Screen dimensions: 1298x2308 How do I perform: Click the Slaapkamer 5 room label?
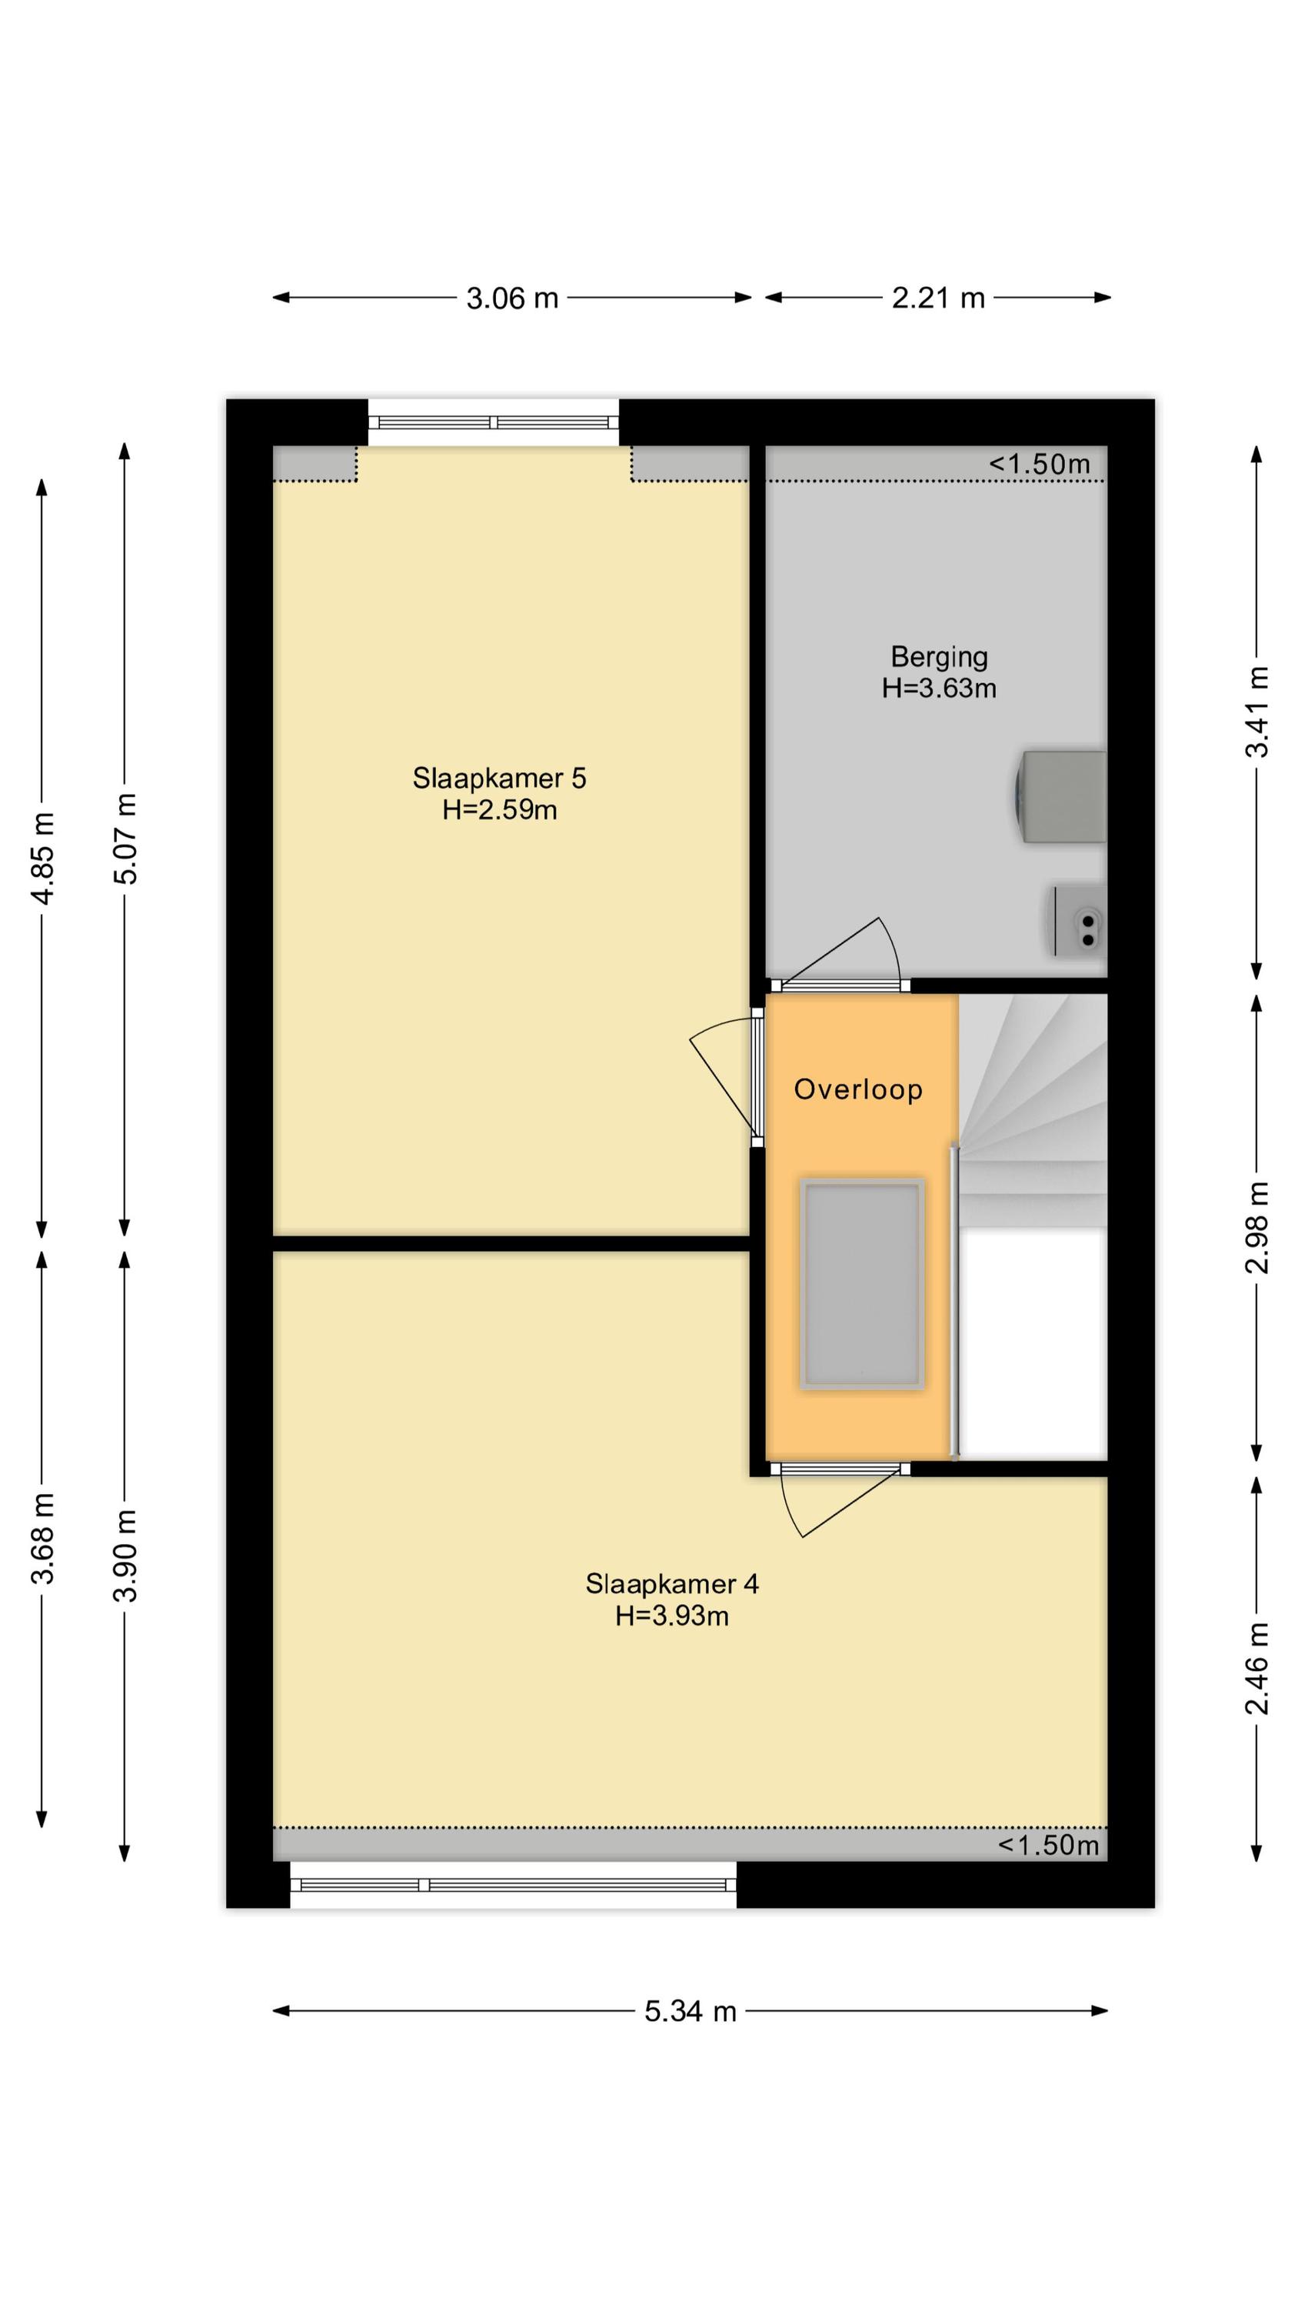[499, 778]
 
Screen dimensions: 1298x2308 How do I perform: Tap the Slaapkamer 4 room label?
[672, 1584]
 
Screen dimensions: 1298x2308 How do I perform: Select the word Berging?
[939, 658]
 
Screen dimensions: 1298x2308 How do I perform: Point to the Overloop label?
[858, 1089]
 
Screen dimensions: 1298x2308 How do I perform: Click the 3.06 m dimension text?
[512, 299]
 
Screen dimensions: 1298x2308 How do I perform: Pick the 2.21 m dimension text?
[938, 299]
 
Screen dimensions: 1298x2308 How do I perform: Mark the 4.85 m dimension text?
[44, 859]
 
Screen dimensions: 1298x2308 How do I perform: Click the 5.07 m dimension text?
[126, 839]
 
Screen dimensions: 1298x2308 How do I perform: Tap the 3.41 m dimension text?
[1258, 712]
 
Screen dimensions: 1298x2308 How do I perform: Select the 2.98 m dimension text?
[1258, 1227]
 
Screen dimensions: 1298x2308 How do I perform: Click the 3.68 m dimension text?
[44, 1537]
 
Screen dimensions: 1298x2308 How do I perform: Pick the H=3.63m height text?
[939, 688]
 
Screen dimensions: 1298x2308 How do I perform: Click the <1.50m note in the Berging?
[1039, 464]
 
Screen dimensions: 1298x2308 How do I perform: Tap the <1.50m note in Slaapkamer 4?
[1048, 1845]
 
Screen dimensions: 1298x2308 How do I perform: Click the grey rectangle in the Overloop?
[862, 1284]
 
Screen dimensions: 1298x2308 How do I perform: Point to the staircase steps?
[1033, 1111]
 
